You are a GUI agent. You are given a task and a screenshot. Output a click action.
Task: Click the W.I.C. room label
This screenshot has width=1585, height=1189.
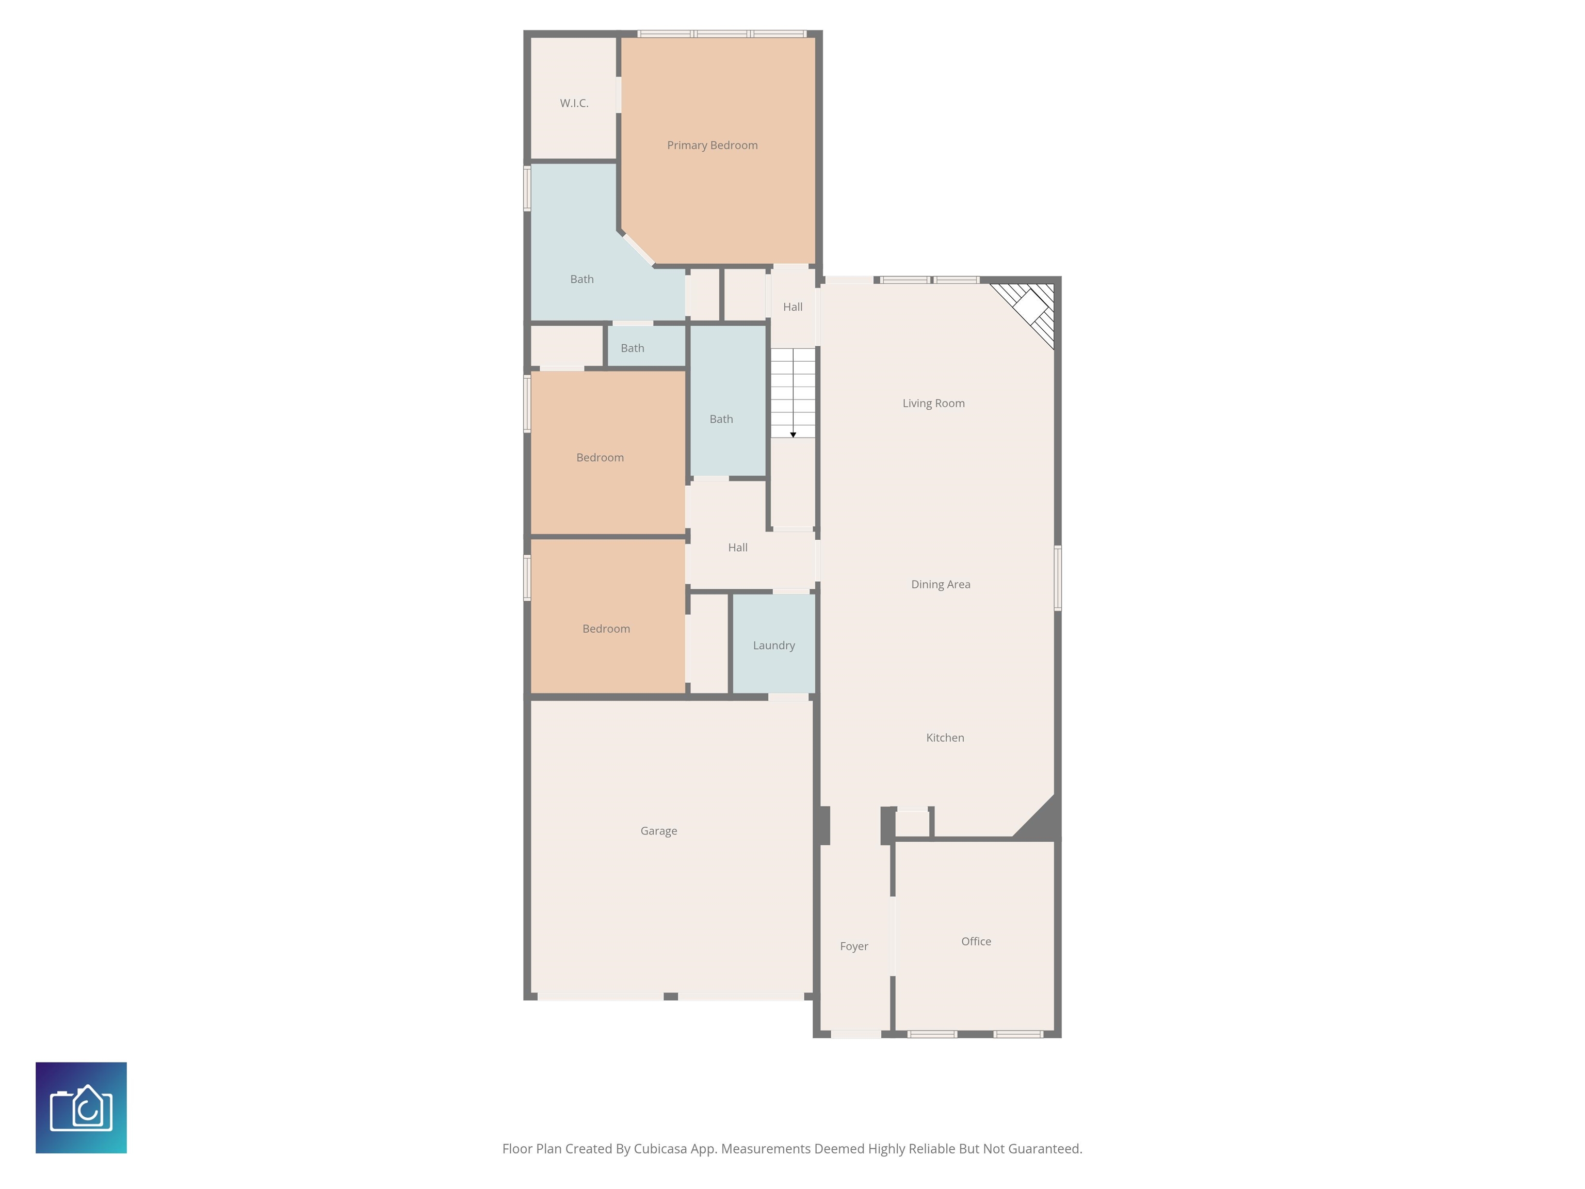point(574,103)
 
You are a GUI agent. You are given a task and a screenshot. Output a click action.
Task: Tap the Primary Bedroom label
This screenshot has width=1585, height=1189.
point(712,146)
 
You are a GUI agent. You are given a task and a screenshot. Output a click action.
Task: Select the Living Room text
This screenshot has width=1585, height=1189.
point(934,404)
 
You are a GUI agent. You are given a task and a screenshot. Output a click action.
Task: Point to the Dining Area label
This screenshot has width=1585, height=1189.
point(941,584)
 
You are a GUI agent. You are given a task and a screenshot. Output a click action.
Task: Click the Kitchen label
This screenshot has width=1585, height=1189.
point(945,737)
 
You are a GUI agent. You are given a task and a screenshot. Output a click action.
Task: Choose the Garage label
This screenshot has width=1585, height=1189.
point(658,831)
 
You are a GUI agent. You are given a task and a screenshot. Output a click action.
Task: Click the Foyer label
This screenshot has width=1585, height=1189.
point(854,947)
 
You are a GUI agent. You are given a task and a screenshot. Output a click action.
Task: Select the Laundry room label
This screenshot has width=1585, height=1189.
point(774,646)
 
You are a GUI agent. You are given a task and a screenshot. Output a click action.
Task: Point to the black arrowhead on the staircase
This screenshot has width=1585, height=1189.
point(793,435)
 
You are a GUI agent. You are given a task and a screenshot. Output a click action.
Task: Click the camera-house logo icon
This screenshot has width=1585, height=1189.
point(81,1108)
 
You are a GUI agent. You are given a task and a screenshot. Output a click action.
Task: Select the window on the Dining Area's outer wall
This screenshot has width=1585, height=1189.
point(1058,577)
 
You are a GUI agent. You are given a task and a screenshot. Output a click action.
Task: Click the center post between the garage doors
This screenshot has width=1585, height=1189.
point(671,996)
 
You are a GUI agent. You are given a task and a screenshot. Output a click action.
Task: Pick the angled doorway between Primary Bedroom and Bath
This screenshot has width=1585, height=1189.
point(637,248)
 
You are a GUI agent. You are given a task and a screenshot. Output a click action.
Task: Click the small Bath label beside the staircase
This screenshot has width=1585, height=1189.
point(721,419)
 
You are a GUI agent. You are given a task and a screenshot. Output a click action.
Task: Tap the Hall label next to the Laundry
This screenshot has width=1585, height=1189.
point(737,548)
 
